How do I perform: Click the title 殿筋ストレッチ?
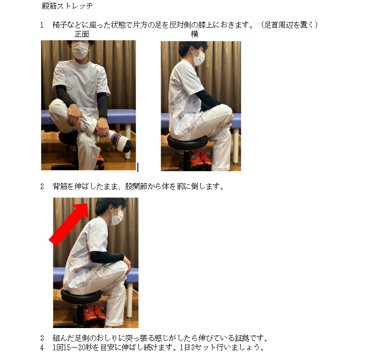(67, 6)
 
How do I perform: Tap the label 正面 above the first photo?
(82, 34)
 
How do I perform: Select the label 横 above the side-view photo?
(194, 34)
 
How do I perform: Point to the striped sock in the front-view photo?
(119, 141)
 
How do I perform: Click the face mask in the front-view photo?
(80, 50)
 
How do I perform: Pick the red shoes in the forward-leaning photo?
(95, 312)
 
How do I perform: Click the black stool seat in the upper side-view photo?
(187, 142)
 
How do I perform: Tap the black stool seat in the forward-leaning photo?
(81, 296)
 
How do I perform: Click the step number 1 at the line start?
(42, 25)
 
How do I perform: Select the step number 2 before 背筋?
(42, 186)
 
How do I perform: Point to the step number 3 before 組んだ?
(42, 338)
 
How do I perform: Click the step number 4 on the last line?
(42, 348)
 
